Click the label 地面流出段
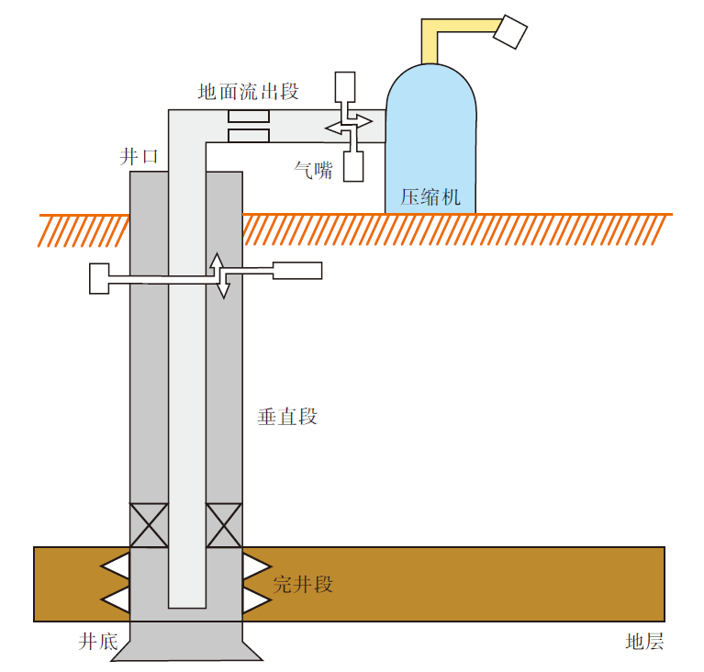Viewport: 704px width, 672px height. tap(249, 92)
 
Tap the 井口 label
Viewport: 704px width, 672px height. tap(140, 157)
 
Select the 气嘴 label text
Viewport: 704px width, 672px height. tap(313, 169)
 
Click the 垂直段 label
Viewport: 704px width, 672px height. tap(287, 417)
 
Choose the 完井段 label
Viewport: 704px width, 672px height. tap(303, 585)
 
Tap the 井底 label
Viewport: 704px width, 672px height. tap(98, 642)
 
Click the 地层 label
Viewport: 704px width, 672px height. tap(643, 642)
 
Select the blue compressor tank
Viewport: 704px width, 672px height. tap(431, 129)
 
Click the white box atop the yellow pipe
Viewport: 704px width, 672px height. tap(510, 33)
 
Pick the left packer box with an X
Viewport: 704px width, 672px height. tap(148, 526)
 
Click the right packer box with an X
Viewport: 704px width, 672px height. tap(224, 526)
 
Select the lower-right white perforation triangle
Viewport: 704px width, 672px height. tap(255, 599)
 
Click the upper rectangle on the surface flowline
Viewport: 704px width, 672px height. tap(248, 117)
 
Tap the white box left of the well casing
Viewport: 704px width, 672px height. tap(99, 278)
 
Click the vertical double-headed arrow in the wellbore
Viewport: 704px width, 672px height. tap(219, 274)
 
